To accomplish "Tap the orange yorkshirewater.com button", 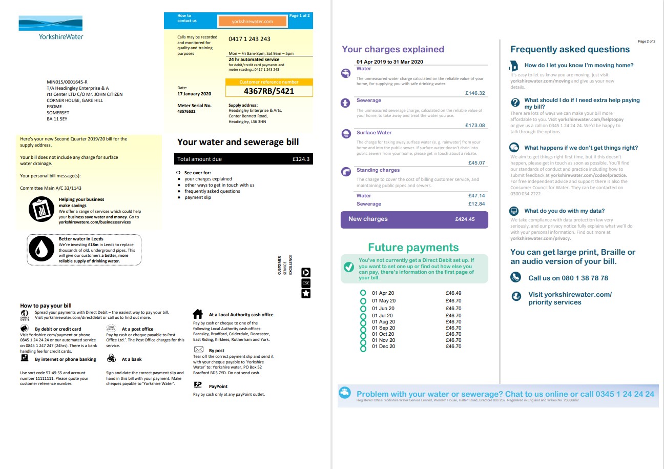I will pos(252,22).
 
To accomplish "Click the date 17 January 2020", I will pos(194,94).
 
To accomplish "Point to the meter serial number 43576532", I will pos(186,111).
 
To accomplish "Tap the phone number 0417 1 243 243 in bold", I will pos(250,39).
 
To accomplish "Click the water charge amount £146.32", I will pos(475,93).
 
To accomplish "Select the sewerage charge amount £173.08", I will pos(475,126).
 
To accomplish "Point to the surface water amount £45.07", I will pos(476,163).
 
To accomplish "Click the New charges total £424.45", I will pos(465,219).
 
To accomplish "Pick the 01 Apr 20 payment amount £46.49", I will pos(453,293).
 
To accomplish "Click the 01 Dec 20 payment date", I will pos(383,346).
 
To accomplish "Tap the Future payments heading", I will pos(413,248).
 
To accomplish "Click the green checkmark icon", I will pos(348,267).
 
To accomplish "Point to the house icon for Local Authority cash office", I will pos(197,314).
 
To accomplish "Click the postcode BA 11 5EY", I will pos(57,119).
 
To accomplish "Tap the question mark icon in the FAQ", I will pos(515,101).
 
